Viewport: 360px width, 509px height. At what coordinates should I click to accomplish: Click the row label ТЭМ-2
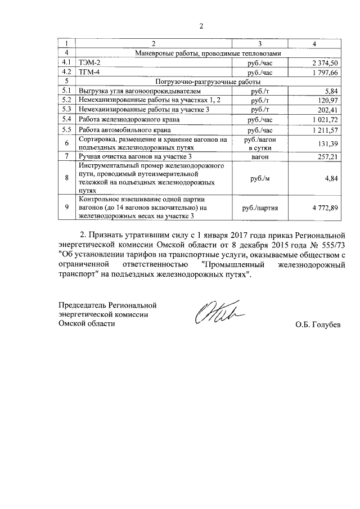[x=90, y=62]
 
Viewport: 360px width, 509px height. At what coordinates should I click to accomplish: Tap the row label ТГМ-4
[x=90, y=72]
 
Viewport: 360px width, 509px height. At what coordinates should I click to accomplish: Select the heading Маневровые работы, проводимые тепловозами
[x=207, y=53]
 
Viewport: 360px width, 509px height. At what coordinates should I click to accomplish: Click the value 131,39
[x=327, y=144]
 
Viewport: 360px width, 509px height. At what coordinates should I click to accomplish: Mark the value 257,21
[x=327, y=156]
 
